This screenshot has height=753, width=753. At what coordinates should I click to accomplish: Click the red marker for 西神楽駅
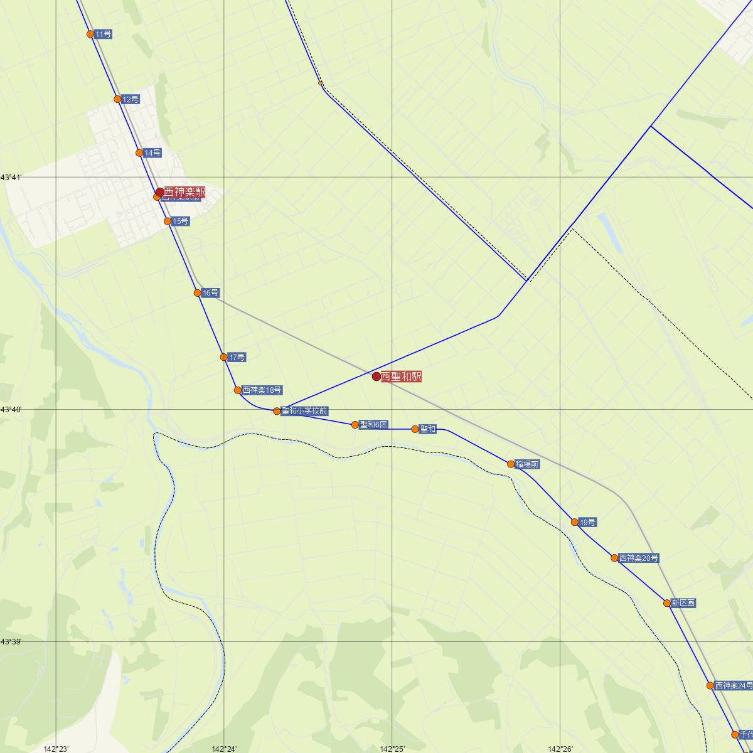point(160,193)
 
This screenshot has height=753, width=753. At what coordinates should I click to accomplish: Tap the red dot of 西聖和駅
point(376,376)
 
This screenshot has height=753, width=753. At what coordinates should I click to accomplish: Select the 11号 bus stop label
point(104,34)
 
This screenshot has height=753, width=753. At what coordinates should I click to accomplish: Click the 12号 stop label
point(131,99)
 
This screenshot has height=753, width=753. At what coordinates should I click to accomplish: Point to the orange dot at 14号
point(139,153)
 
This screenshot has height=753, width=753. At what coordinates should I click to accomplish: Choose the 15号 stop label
point(181,222)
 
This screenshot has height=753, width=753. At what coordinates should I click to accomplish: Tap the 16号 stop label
point(211,293)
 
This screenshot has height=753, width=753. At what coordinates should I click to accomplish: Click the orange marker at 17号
point(224,357)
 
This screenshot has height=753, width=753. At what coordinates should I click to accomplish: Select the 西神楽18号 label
point(262,390)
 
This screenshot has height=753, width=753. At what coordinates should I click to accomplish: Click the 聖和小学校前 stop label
point(305,412)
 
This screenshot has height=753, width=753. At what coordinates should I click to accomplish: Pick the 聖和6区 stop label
point(374,425)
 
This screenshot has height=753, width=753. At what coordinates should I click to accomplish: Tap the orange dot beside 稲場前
point(511,464)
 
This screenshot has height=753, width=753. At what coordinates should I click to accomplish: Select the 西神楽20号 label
point(639,558)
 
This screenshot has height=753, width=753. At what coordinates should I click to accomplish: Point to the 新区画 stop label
point(683,603)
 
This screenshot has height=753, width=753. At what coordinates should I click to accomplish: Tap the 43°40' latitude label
point(11,410)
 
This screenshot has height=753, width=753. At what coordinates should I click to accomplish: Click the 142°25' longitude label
point(392,749)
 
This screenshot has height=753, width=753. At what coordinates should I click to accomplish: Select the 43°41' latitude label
point(11,178)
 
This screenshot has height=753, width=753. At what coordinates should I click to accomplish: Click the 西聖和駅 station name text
point(401,376)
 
